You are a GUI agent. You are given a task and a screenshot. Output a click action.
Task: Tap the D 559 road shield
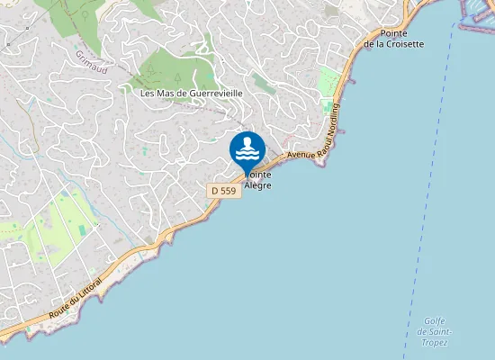[222, 190]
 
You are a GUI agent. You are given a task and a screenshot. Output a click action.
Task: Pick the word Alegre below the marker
[256, 185]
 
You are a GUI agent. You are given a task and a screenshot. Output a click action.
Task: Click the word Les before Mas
[148, 93]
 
